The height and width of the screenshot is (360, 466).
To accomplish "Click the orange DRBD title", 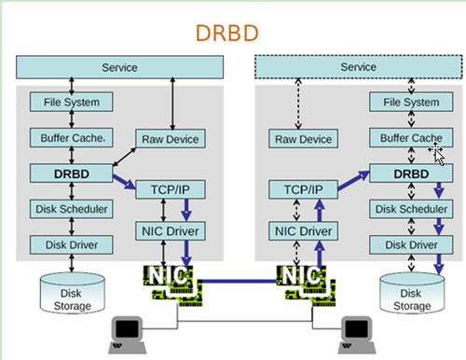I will (x=227, y=34).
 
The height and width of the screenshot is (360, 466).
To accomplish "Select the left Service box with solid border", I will (x=119, y=68).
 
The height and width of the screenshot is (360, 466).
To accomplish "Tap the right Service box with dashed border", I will (x=359, y=68).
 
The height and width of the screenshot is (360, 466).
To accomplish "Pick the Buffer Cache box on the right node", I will (x=412, y=138).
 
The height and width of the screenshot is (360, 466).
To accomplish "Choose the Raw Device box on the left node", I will (x=171, y=139).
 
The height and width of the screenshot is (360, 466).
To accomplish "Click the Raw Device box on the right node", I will (x=304, y=139).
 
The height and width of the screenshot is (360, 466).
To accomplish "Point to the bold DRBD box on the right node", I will (x=412, y=173).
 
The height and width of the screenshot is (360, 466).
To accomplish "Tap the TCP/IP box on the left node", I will (x=171, y=190).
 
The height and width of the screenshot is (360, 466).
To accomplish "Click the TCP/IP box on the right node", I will (x=304, y=190).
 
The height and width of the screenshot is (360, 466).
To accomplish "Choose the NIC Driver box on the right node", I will (x=304, y=230).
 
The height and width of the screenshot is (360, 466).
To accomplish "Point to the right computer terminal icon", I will (x=355, y=329).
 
